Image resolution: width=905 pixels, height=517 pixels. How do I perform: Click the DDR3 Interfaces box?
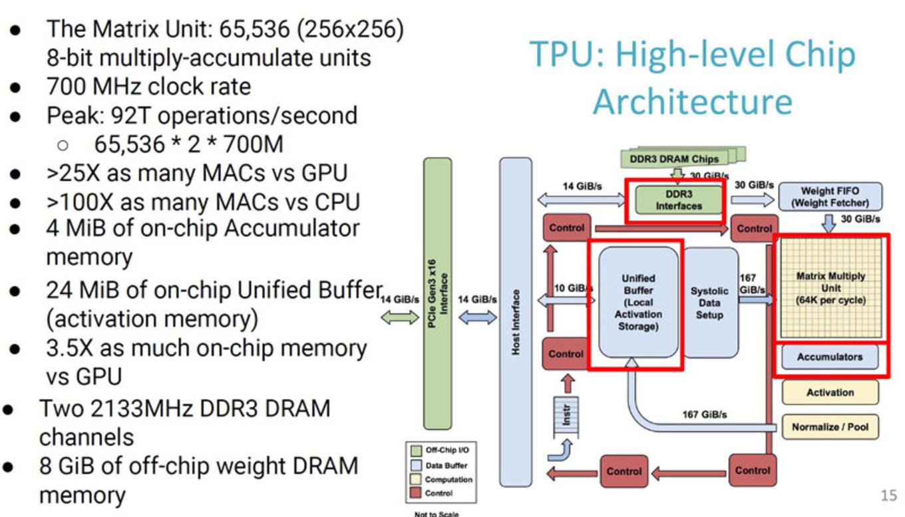pyautogui.click(x=678, y=200)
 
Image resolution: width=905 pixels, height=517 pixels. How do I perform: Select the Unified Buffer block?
pyautogui.click(x=638, y=302)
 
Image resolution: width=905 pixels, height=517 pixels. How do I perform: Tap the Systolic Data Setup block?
pyautogui.click(x=710, y=302)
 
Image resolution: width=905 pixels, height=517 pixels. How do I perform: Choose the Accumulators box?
pyautogui.click(x=829, y=357)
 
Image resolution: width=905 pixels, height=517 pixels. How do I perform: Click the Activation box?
pyautogui.click(x=829, y=393)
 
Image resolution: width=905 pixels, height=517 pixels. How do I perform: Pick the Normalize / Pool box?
pyautogui.click(x=829, y=427)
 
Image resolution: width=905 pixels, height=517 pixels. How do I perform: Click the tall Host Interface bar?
pyautogui.click(x=516, y=319)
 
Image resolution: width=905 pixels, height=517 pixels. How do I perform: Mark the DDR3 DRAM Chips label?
pyautogui.click(x=673, y=159)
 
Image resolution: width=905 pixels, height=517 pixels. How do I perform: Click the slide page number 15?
pyautogui.click(x=888, y=495)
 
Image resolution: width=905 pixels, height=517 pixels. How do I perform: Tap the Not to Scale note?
pyautogui.click(x=436, y=513)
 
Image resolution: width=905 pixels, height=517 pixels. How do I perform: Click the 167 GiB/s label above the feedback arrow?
pyautogui.click(x=704, y=415)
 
